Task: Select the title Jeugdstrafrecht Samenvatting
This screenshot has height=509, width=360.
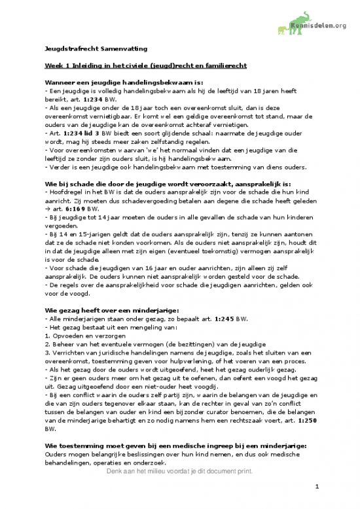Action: (96, 48)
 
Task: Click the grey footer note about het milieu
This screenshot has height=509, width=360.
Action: (180, 471)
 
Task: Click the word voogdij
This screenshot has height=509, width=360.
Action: (209, 388)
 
